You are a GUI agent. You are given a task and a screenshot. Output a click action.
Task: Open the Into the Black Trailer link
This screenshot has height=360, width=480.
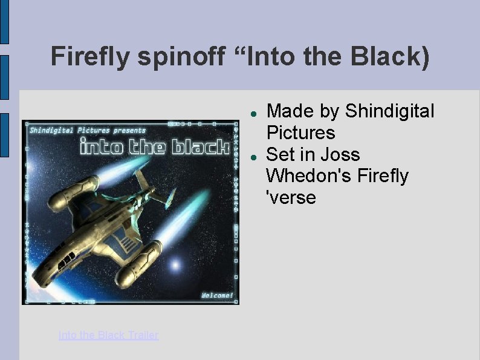point(108,335)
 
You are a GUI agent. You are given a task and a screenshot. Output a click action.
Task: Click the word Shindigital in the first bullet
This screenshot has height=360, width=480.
point(389,111)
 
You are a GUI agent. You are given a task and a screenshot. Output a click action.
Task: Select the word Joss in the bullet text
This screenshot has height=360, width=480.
point(342,154)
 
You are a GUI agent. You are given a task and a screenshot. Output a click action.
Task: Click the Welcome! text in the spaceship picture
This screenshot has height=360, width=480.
point(216,295)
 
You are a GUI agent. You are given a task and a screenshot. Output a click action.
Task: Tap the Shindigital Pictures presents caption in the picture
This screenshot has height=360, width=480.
point(88,129)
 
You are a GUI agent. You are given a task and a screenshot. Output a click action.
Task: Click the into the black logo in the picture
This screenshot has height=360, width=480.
point(154,147)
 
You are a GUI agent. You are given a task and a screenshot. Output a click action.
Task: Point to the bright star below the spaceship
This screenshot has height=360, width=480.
point(175,264)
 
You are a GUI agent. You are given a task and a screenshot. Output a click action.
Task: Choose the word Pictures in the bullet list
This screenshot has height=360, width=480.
point(300,133)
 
